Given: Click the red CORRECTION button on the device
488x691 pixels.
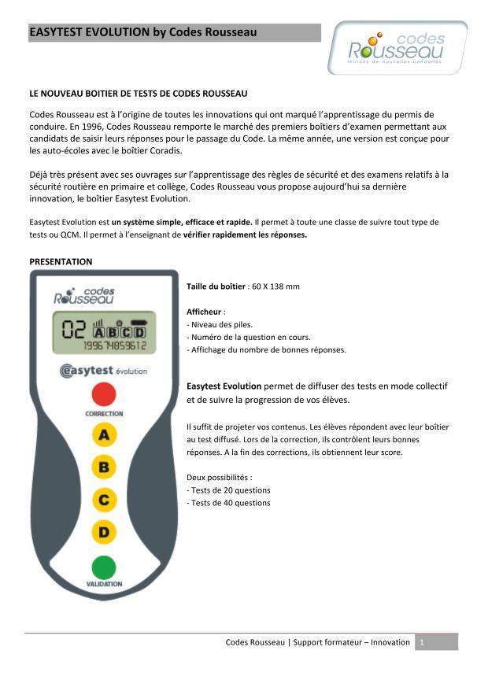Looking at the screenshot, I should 103,394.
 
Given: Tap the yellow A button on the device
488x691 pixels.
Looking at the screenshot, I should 104,434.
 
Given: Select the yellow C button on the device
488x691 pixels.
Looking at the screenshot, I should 104,499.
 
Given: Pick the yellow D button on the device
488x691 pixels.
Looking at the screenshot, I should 104,532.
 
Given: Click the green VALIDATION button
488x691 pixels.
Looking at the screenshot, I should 103,567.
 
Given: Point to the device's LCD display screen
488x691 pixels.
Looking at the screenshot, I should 103,332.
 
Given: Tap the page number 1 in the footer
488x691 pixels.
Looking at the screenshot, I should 423,642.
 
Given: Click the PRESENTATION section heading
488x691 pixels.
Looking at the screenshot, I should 61,261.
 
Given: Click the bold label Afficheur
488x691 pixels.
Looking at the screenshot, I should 205,312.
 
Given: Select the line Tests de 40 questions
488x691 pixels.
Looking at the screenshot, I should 229,502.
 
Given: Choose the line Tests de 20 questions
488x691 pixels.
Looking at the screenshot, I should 229,490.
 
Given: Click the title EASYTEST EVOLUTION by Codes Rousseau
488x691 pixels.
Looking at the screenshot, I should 143,32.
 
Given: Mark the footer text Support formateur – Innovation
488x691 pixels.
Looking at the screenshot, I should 351,642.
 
